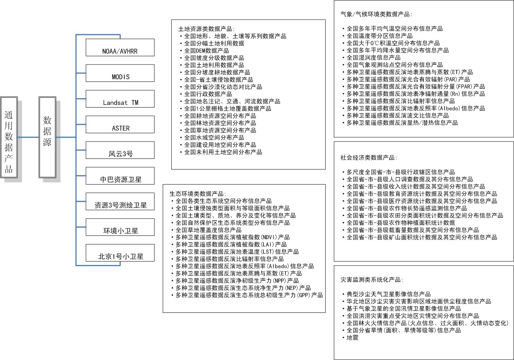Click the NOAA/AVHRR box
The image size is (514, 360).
click(120, 48)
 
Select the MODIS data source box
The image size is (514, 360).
click(120, 73)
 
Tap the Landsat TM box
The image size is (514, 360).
click(120, 99)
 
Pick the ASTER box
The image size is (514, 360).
click(120, 125)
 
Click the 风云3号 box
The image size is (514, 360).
click(120, 150)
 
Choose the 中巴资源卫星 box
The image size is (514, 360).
click(120, 176)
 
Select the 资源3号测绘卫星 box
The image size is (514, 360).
click(120, 202)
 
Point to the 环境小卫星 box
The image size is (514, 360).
click(120, 228)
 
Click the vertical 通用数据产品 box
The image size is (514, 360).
click(9, 137)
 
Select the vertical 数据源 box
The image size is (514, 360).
click(47, 137)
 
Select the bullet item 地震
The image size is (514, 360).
click(352, 337)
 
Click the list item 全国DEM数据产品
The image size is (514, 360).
click(206, 51)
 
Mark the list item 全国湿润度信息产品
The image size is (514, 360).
click(373, 58)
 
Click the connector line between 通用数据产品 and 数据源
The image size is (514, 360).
click(28, 137)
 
